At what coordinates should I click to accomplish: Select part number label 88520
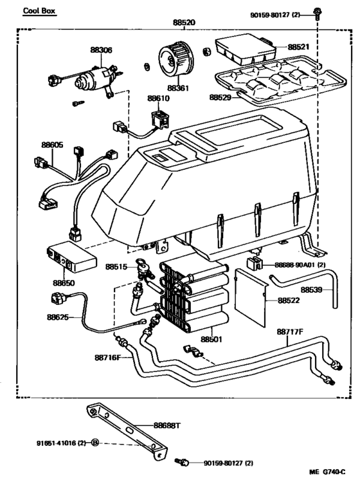pyautogui.click(x=184, y=23)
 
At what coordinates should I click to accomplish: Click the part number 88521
pyautogui.click(x=298, y=47)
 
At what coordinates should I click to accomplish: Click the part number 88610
pyautogui.click(x=157, y=98)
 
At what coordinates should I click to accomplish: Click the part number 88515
pyautogui.click(x=117, y=266)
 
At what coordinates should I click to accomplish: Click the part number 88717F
pyautogui.click(x=289, y=332)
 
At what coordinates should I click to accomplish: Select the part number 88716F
pyautogui.click(x=108, y=357)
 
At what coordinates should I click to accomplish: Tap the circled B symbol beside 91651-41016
pyautogui.click(x=95, y=443)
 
